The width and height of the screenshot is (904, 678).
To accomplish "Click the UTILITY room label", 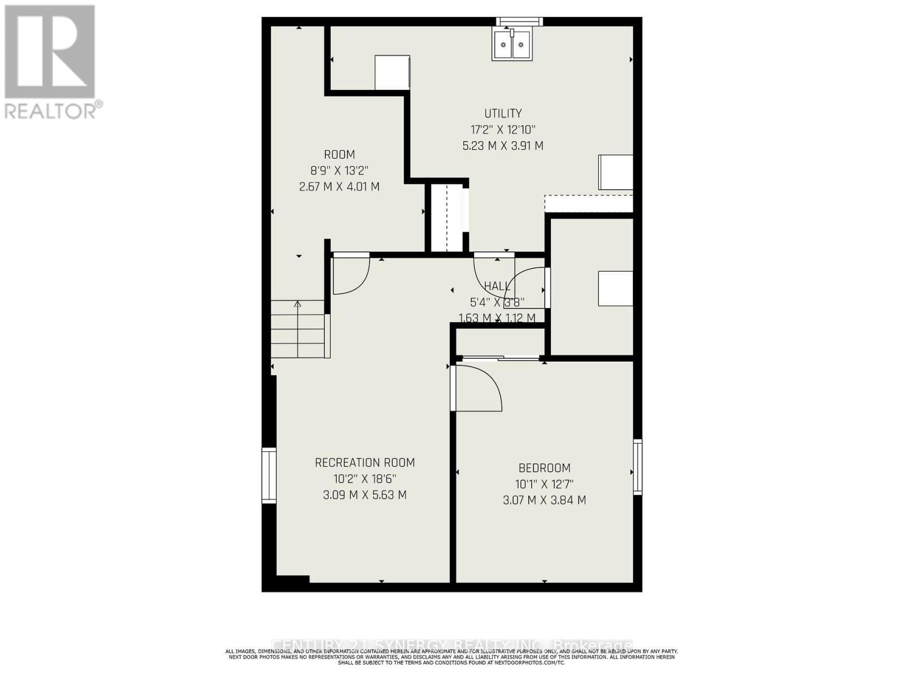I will point(503,114).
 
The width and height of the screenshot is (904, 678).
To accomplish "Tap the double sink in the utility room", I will point(512,45).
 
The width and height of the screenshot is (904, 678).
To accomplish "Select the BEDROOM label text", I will point(544,468).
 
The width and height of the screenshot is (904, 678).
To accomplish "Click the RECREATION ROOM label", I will point(364,463).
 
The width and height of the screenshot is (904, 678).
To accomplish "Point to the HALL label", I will point(497,286).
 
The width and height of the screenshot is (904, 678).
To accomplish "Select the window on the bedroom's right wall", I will point(637,467).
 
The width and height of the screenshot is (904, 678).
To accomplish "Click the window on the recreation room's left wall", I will point(269,475).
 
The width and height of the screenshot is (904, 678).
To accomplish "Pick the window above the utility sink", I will point(519,22).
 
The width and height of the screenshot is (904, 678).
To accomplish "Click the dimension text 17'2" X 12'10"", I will point(503,129).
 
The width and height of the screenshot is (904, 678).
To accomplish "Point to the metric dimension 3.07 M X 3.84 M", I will point(544,500).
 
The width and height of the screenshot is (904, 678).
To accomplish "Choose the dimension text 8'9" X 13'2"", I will point(339,171).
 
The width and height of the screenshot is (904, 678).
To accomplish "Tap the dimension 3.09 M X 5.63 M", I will point(364,495).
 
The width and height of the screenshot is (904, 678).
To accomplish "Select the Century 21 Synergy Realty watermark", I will point(452,645).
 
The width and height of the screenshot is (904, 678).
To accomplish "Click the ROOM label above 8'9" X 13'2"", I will point(339,155).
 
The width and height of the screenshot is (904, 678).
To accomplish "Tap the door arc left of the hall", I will point(351,275).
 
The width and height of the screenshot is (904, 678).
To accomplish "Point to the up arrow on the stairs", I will point(298,305).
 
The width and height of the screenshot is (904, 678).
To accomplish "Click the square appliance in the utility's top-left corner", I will point(392,72).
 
